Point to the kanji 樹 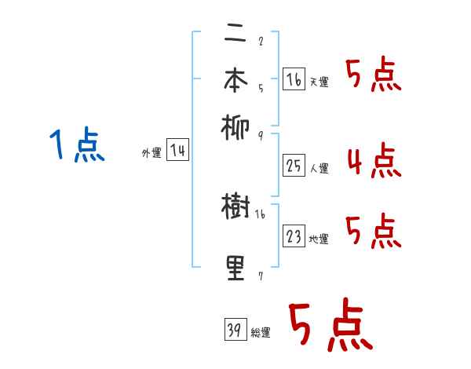pos(235,207)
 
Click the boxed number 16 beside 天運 pos(293,80)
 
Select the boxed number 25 pos(293,166)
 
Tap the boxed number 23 pos(293,237)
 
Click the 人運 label pos(319,168)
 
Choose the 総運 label pos(261,333)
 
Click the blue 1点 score pos(77,147)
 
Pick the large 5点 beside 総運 pos(330,327)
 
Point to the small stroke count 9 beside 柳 pos(260,136)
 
